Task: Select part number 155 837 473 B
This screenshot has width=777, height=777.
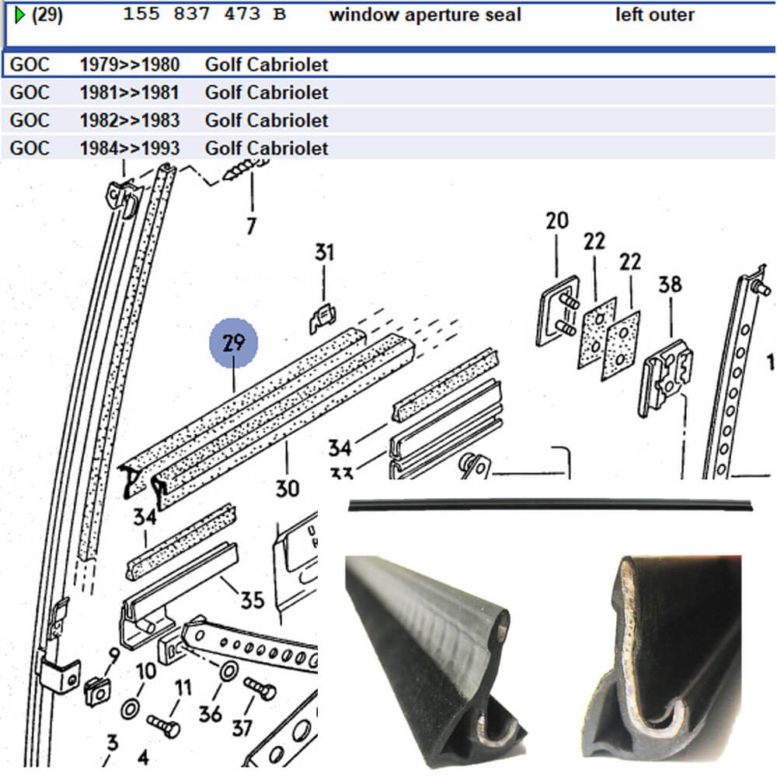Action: [204, 15]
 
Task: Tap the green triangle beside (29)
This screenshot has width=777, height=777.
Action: [20, 15]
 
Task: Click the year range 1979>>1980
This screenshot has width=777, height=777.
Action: [129, 64]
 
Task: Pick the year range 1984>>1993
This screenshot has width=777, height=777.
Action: [129, 148]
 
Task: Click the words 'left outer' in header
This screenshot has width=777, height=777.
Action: [655, 15]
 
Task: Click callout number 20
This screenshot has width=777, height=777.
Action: [557, 221]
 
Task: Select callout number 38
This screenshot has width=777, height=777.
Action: [670, 284]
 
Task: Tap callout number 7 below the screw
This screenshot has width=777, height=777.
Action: [250, 226]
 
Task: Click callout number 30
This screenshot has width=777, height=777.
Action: [287, 489]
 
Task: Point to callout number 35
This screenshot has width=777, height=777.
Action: [252, 599]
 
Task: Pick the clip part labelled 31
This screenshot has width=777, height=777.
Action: [323, 317]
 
